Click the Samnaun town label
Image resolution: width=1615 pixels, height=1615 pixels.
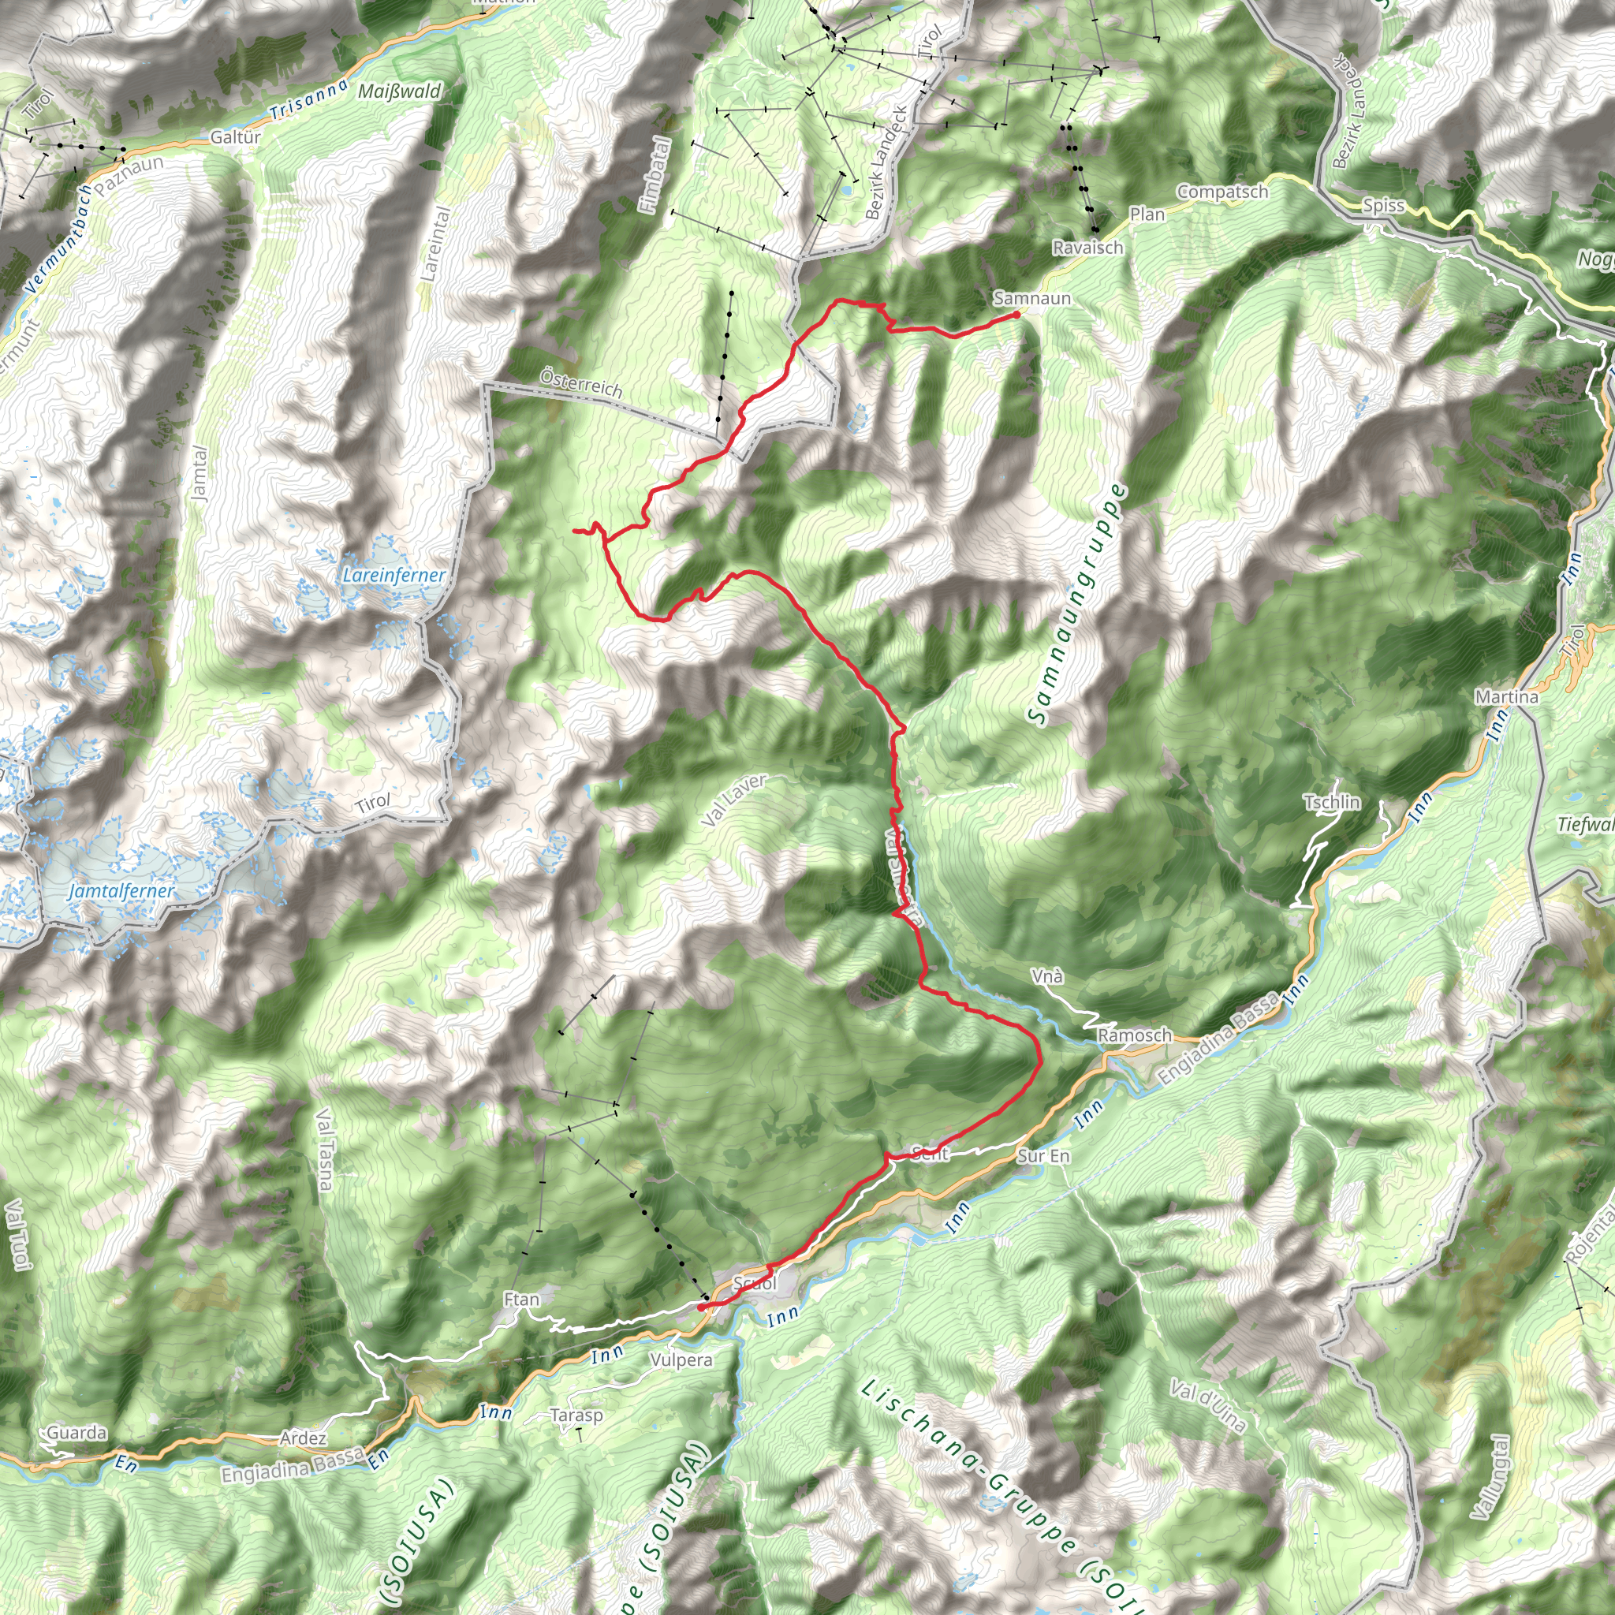[1031, 298]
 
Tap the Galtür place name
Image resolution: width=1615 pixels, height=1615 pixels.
[236, 137]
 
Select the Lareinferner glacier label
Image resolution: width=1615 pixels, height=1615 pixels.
[393, 575]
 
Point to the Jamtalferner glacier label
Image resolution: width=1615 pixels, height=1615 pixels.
[121, 891]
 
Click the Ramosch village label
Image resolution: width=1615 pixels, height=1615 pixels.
[1134, 1035]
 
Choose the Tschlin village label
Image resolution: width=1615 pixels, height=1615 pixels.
[1332, 803]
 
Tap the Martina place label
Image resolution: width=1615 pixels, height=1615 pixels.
[1506, 697]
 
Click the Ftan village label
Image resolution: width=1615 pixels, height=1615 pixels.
[521, 1300]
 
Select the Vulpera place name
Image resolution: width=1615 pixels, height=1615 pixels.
[681, 1360]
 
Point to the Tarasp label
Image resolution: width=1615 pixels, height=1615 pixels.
[576, 1415]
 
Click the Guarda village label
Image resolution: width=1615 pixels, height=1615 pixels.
[77, 1433]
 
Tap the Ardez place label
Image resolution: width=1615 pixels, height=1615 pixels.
[303, 1438]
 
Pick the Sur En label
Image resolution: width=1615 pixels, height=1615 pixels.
[1043, 1156]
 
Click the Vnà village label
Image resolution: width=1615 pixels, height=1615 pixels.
[1047, 976]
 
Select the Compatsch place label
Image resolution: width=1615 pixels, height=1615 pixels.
[1222, 192]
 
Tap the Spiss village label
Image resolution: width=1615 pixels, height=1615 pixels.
[1383, 206]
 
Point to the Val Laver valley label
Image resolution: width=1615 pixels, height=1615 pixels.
[733, 801]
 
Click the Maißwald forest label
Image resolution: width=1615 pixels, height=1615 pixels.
[399, 91]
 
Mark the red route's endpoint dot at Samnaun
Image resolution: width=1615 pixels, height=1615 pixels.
[1016, 315]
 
